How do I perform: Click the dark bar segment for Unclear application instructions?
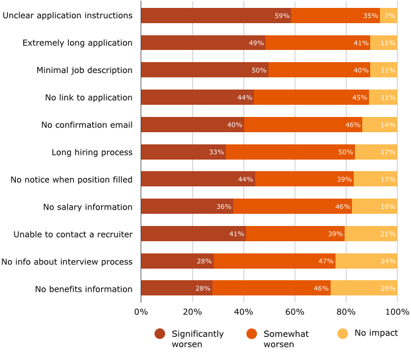pyautogui.click(x=216, y=15)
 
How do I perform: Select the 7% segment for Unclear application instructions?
pyautogui.click(x=388, y=15)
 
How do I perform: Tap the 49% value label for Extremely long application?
pyautogui.click(x=256, y=43)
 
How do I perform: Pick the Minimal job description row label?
pyautogui.click(x=84, y=70)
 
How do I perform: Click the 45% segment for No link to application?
pyautogui.click(x=311, y=97)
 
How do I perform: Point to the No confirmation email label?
pyautogui.click(x=86, y=125)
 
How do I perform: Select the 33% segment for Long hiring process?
pyautogui.click(x=183, y=152)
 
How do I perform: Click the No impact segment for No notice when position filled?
pyautogui.click(x=376, y=179)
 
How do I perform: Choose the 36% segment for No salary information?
pyautogui.click(x=187, y=206)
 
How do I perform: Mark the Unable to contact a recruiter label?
pyautogui.click(x=73, y=234)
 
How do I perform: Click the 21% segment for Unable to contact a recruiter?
pyautogui.click(x=371, y=234)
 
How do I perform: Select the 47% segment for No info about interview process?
pyautogui.click(x=275, y=261)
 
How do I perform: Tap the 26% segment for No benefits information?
pyautogui.click(x=364, y=288)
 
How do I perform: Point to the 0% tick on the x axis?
pyautogui.click(x=141, y=312)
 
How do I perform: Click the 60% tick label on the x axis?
pyautogui.click(x=295, y=312)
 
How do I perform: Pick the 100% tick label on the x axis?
pyautogui.click(x=397, y=312)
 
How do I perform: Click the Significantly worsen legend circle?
pyautogui.click(x=160, y=334)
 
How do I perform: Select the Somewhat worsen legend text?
pyautogui.click(x=286, y=339)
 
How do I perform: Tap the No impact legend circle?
pyautogui.click(x=343, y=333)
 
